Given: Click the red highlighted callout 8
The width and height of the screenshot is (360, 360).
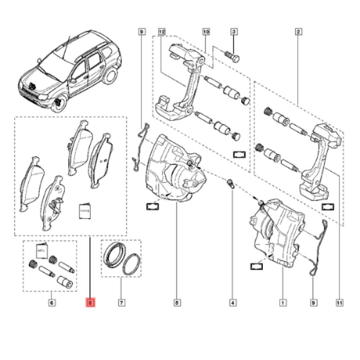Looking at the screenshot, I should pos(90,303).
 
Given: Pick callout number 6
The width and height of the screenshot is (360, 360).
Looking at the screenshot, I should pos(52,303).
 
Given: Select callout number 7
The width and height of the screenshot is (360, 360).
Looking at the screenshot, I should pos(121,303).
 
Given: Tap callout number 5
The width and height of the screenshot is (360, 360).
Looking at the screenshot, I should pos(176,303).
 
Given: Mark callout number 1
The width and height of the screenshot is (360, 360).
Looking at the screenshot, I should pos(282,303).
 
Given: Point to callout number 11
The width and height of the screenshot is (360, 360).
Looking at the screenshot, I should pos(339,303).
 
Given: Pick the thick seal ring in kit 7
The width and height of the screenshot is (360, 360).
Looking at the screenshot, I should pos(115,255).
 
